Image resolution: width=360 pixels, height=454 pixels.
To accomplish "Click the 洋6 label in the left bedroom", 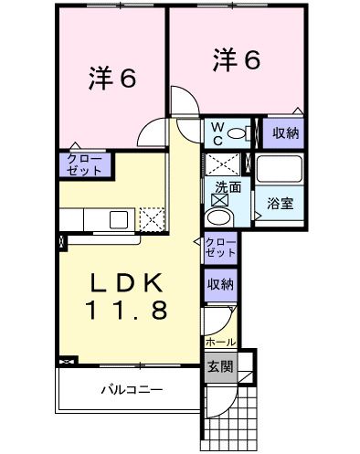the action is tap(111, 79).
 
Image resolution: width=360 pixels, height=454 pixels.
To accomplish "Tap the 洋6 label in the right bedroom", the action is tap(237, 60).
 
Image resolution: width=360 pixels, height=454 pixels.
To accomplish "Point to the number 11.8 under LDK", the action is tap(128, 310).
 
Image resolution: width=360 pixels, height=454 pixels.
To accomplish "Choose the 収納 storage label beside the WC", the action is tap(285, 133).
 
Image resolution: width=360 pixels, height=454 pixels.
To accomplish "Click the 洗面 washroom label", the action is tap(228, 187).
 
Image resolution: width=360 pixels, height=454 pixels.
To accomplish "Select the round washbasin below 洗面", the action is tap(219, 217).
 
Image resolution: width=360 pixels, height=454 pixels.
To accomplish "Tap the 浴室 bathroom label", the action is tap(281, 204).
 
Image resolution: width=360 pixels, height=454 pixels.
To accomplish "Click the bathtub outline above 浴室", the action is tap(279, 169).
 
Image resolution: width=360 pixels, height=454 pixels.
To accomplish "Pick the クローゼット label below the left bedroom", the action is tap(84, 164).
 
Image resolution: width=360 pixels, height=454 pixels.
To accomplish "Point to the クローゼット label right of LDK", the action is tap(220, 248).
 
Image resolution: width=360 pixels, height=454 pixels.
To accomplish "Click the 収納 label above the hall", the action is tap(220, 284).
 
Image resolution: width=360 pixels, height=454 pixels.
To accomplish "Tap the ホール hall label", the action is tap(221, 342).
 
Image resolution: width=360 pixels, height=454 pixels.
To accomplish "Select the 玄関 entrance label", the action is tap(220, 366).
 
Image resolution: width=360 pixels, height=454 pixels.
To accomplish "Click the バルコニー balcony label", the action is tap(132, 390).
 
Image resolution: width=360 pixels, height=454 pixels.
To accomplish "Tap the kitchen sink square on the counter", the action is tap(119, 219).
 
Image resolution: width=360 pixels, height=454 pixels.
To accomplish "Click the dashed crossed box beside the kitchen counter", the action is tap(152, 219).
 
